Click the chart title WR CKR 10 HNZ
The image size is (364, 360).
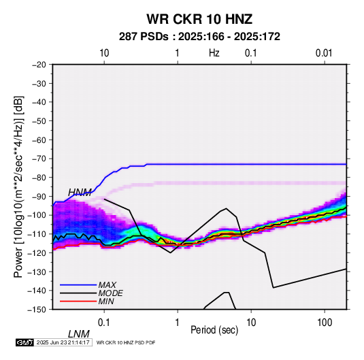coord(199,19)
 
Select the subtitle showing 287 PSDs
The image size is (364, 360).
coord(199,37)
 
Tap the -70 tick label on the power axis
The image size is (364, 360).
coord(39,159)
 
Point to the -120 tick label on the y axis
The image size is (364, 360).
coord(37,252)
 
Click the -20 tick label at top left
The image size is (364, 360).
coord(39,65)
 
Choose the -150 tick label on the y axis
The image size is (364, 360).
coord(37,310)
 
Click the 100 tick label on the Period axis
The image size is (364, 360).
coord(325,323)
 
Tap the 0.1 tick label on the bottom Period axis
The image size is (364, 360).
coord(104,323)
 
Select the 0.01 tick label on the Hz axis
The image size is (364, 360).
coord(324,53)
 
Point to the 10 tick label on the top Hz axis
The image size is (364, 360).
coord(104,53)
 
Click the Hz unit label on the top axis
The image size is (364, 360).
coord(214,53)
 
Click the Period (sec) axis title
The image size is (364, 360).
coord(214,330)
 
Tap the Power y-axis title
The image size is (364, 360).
coord(18,186)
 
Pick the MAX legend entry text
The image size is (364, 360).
coord(107,284)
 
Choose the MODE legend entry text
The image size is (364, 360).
coord(110,293)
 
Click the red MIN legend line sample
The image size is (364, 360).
coord(78,301)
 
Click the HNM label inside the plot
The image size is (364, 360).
coord(80,193)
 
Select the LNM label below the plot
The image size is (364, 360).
coord(79,334)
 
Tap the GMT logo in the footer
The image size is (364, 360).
coord(24,342)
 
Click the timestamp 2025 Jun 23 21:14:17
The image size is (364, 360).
coord(63,342)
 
